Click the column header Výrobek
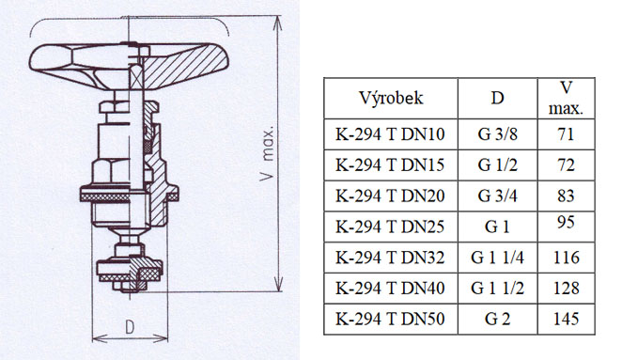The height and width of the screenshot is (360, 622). coord(391,98)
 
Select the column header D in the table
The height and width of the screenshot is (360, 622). coord(497,98)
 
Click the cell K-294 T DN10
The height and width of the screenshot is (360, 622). coord(391,133)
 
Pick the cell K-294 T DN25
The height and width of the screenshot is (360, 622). coord(391,227)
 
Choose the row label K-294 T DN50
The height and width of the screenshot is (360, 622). coord(391,320)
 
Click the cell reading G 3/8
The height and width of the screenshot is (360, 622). coord(497,133)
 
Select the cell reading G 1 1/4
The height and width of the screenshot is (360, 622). coord(497,258)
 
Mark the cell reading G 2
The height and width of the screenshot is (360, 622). coord(497,320)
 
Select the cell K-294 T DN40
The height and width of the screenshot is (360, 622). coord(391,289)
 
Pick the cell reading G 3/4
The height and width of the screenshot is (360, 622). coord(497,196)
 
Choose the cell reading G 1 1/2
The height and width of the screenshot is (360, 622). coord(497,289)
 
